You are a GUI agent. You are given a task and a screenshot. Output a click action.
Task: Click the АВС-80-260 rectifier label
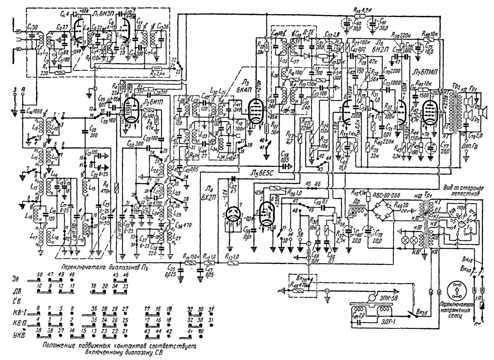tap(386, 195)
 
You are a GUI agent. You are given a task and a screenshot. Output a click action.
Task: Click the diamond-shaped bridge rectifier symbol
tap(381, 212)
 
